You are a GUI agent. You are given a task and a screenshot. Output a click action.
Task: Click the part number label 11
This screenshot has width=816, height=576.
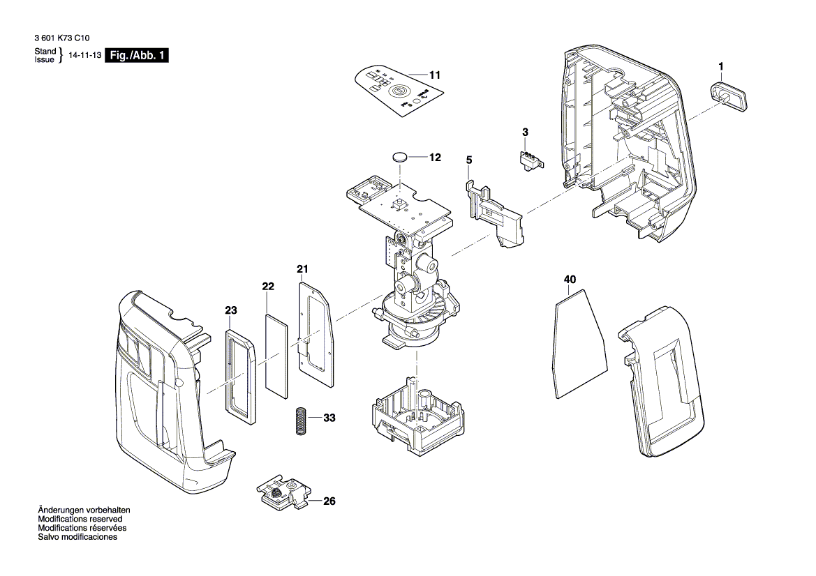[x=435, y=75]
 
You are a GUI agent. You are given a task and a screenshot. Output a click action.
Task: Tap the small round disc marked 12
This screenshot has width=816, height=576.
[x=401, y=157]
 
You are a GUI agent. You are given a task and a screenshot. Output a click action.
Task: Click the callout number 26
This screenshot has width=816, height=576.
[x=329, y=501]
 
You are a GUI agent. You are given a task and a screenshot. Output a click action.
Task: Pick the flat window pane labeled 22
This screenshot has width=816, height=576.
[x=277, y=356]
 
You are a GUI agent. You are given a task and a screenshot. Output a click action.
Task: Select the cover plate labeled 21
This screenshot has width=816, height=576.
[x=315, y=331]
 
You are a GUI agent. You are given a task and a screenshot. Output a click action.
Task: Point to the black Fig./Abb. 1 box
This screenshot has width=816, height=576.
[x=136, y=56]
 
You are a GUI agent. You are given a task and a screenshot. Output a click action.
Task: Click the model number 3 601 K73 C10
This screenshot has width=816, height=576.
[x=61, y=40]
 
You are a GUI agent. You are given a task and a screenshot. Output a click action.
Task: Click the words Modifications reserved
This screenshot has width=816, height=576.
[x=80, y=520]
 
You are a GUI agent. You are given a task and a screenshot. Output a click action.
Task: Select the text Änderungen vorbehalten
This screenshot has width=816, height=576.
[x=84, y=510]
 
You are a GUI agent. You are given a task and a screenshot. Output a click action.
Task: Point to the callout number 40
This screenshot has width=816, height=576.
[x=570, y=280]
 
